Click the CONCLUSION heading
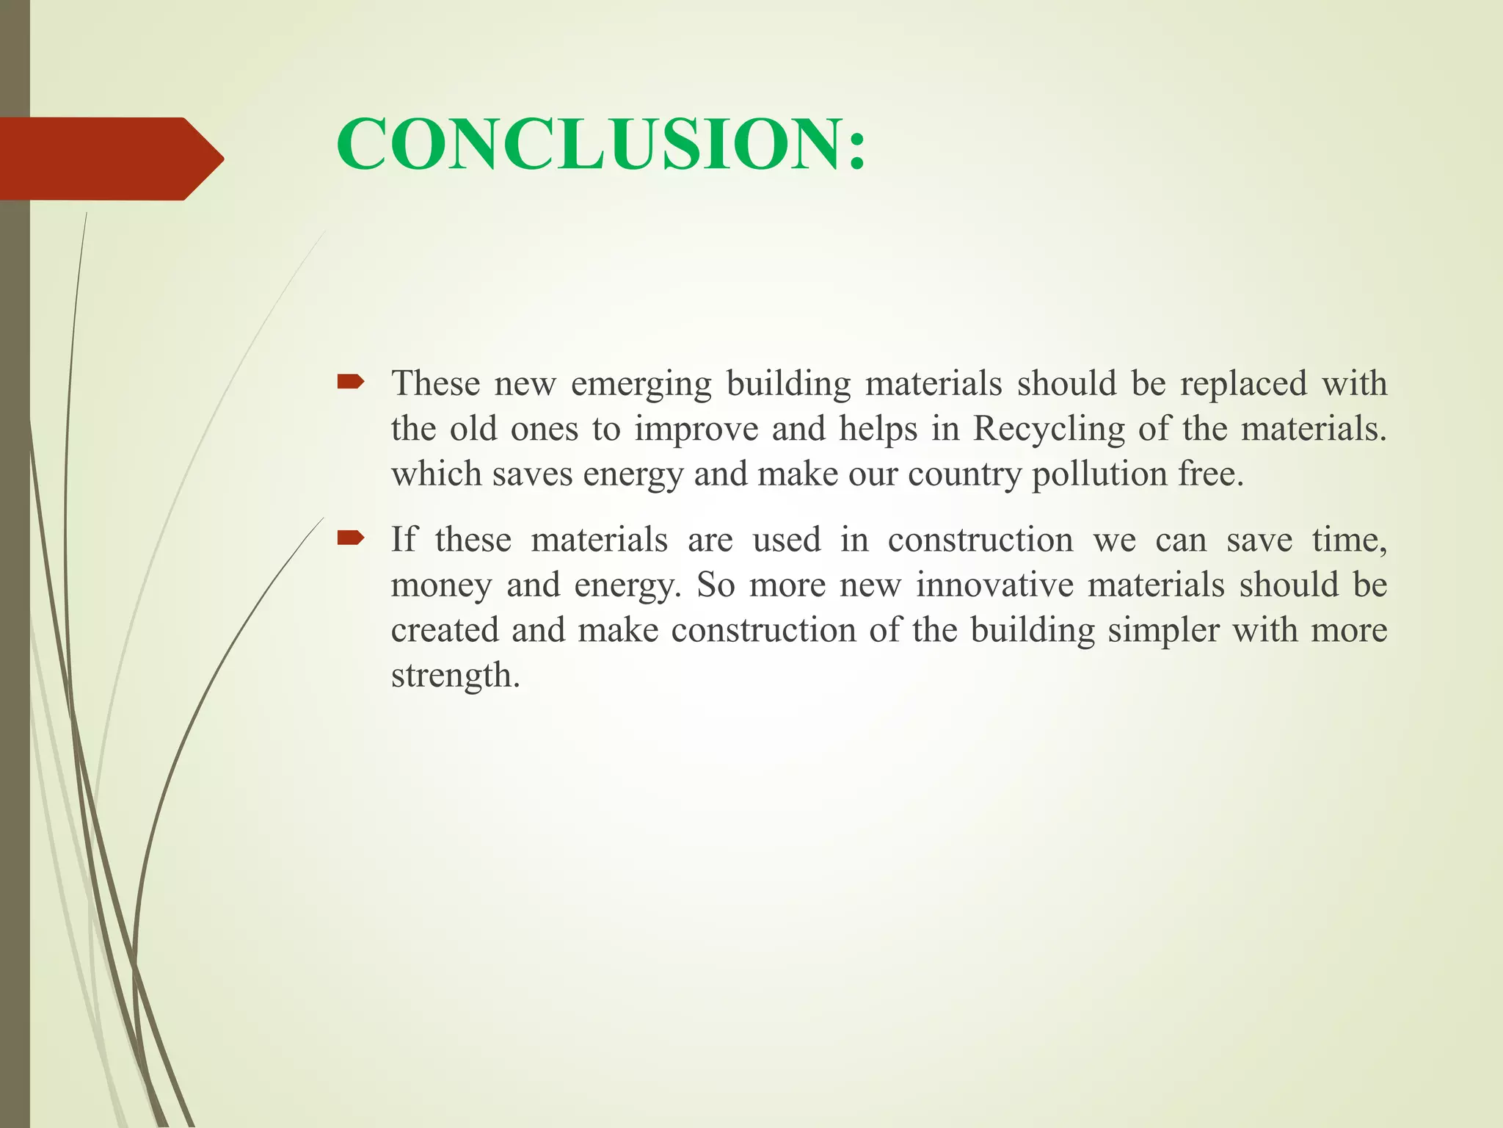point(601,144)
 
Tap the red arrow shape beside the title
point(110,159)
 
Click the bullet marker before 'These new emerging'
point(350,381)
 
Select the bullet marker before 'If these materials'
point(350,538)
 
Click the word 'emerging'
point(641,385)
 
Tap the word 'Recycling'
point(1049,430)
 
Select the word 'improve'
point(696,430)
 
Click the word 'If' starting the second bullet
point(404,540)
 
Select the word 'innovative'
point(994,585)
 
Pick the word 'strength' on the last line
point(452,676)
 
